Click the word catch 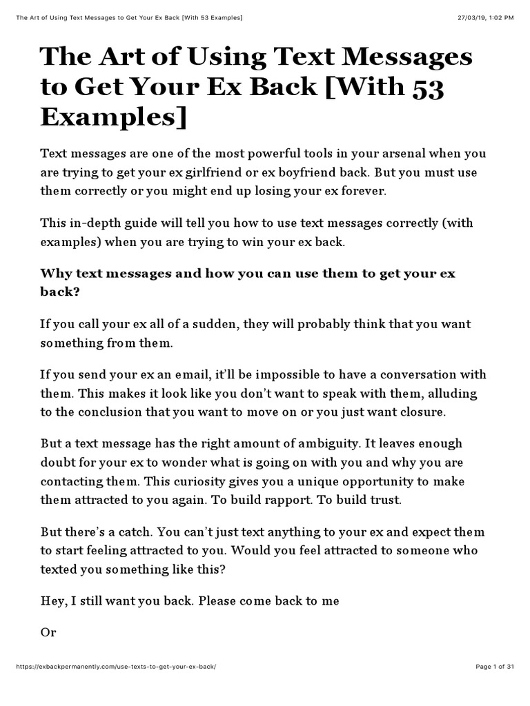click(148, 532)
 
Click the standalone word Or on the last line click(48, 632)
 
